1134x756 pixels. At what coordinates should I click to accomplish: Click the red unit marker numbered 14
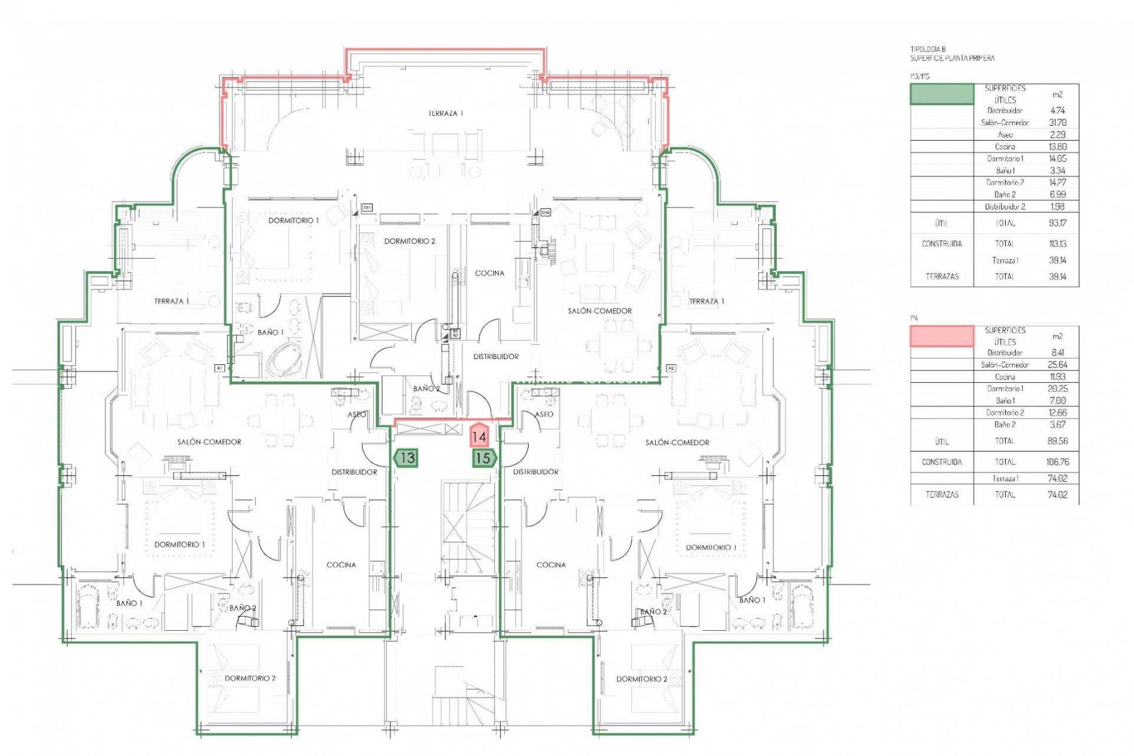[479, 436]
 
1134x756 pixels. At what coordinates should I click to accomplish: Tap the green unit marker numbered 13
[406, 458]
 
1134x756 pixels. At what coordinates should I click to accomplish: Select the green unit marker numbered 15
[484, 458]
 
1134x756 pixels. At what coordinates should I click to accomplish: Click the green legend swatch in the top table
[941, 94]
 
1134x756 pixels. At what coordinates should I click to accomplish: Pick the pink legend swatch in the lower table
[941, 336]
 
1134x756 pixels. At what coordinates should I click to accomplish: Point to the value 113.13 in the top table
[1057, 243]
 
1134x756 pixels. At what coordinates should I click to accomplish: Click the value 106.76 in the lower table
[1057, 462]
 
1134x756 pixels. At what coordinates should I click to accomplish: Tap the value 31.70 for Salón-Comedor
[1057, 123]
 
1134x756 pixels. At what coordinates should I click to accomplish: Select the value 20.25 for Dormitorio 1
[1057, 389]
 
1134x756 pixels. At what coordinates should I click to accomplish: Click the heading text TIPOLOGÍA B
[928, 50]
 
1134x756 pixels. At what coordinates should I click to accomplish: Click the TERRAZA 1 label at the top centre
[446, 113]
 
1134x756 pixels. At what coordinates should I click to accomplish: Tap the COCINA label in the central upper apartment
[490, 273]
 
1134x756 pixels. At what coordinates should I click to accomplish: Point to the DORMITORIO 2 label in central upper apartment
[409, 241]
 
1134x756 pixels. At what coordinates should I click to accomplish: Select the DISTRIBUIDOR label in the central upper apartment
[496, 357]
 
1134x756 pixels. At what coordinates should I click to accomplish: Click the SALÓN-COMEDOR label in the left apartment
[209, 442]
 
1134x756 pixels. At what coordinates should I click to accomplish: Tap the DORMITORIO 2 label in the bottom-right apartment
[641, 679]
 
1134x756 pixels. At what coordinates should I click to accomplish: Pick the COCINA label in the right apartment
[550, 565]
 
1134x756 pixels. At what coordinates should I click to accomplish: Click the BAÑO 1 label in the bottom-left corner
[129, 603]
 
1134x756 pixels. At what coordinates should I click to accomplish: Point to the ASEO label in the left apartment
[356, 415]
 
